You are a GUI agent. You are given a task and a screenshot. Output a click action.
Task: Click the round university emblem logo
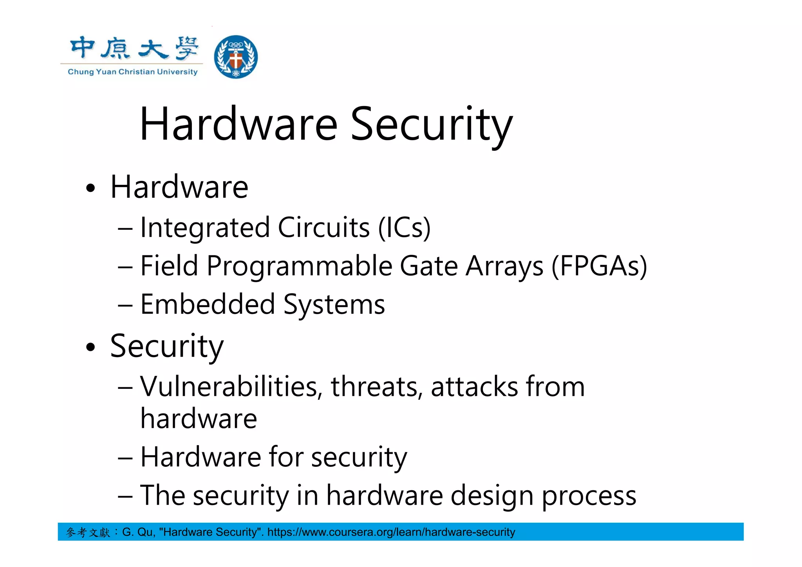[236, 57]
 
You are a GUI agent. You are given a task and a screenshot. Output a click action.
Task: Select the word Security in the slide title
[431, 125]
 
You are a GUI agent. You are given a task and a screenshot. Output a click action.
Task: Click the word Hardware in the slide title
[238, 125]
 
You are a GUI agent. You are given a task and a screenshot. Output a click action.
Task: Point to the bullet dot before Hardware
[90, 188]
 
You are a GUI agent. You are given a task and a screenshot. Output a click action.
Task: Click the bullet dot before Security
[90, 347]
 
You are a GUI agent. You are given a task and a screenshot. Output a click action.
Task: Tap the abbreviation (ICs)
[404, 228]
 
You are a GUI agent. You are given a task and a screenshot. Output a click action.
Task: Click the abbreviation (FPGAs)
[599, 266]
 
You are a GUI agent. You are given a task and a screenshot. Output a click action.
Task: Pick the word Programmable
[300, 266]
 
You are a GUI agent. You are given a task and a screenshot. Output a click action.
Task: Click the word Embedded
[208, 304]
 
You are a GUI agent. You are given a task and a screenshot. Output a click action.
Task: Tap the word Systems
[334, 304]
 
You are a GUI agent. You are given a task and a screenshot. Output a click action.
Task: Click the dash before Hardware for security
[125, 457]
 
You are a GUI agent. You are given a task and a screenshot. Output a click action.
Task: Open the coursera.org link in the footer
[391, 532]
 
